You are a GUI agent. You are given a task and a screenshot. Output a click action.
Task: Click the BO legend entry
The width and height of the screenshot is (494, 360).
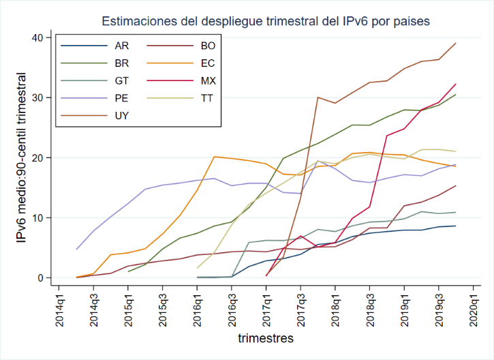(208, 46)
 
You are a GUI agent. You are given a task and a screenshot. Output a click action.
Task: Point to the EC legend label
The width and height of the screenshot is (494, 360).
(208, 64)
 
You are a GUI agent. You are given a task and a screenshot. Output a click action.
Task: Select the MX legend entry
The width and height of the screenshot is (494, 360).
(209, 81)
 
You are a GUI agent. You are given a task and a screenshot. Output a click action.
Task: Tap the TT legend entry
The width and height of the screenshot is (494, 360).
(208, 98)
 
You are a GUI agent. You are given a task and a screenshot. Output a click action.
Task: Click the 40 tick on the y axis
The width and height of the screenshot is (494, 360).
(37, 37)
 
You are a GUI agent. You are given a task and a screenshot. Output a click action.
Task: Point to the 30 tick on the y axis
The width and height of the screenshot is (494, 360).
(37, 97)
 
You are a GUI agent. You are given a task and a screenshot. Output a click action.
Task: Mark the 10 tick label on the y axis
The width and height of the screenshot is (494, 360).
(37, 218)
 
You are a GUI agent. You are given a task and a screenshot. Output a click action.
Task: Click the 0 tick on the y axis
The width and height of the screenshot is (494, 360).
(40, 278)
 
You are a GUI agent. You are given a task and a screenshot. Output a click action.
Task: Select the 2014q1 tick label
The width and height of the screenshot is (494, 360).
(59, 307)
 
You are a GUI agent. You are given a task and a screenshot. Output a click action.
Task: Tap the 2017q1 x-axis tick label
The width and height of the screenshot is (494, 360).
(266, 307)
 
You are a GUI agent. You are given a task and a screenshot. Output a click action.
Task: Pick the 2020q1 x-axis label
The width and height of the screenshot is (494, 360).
(474, 307)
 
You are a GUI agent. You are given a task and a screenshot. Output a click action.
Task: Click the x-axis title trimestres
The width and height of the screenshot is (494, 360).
(266, 338)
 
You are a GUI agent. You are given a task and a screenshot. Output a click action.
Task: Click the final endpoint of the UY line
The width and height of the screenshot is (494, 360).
(456, 43)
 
